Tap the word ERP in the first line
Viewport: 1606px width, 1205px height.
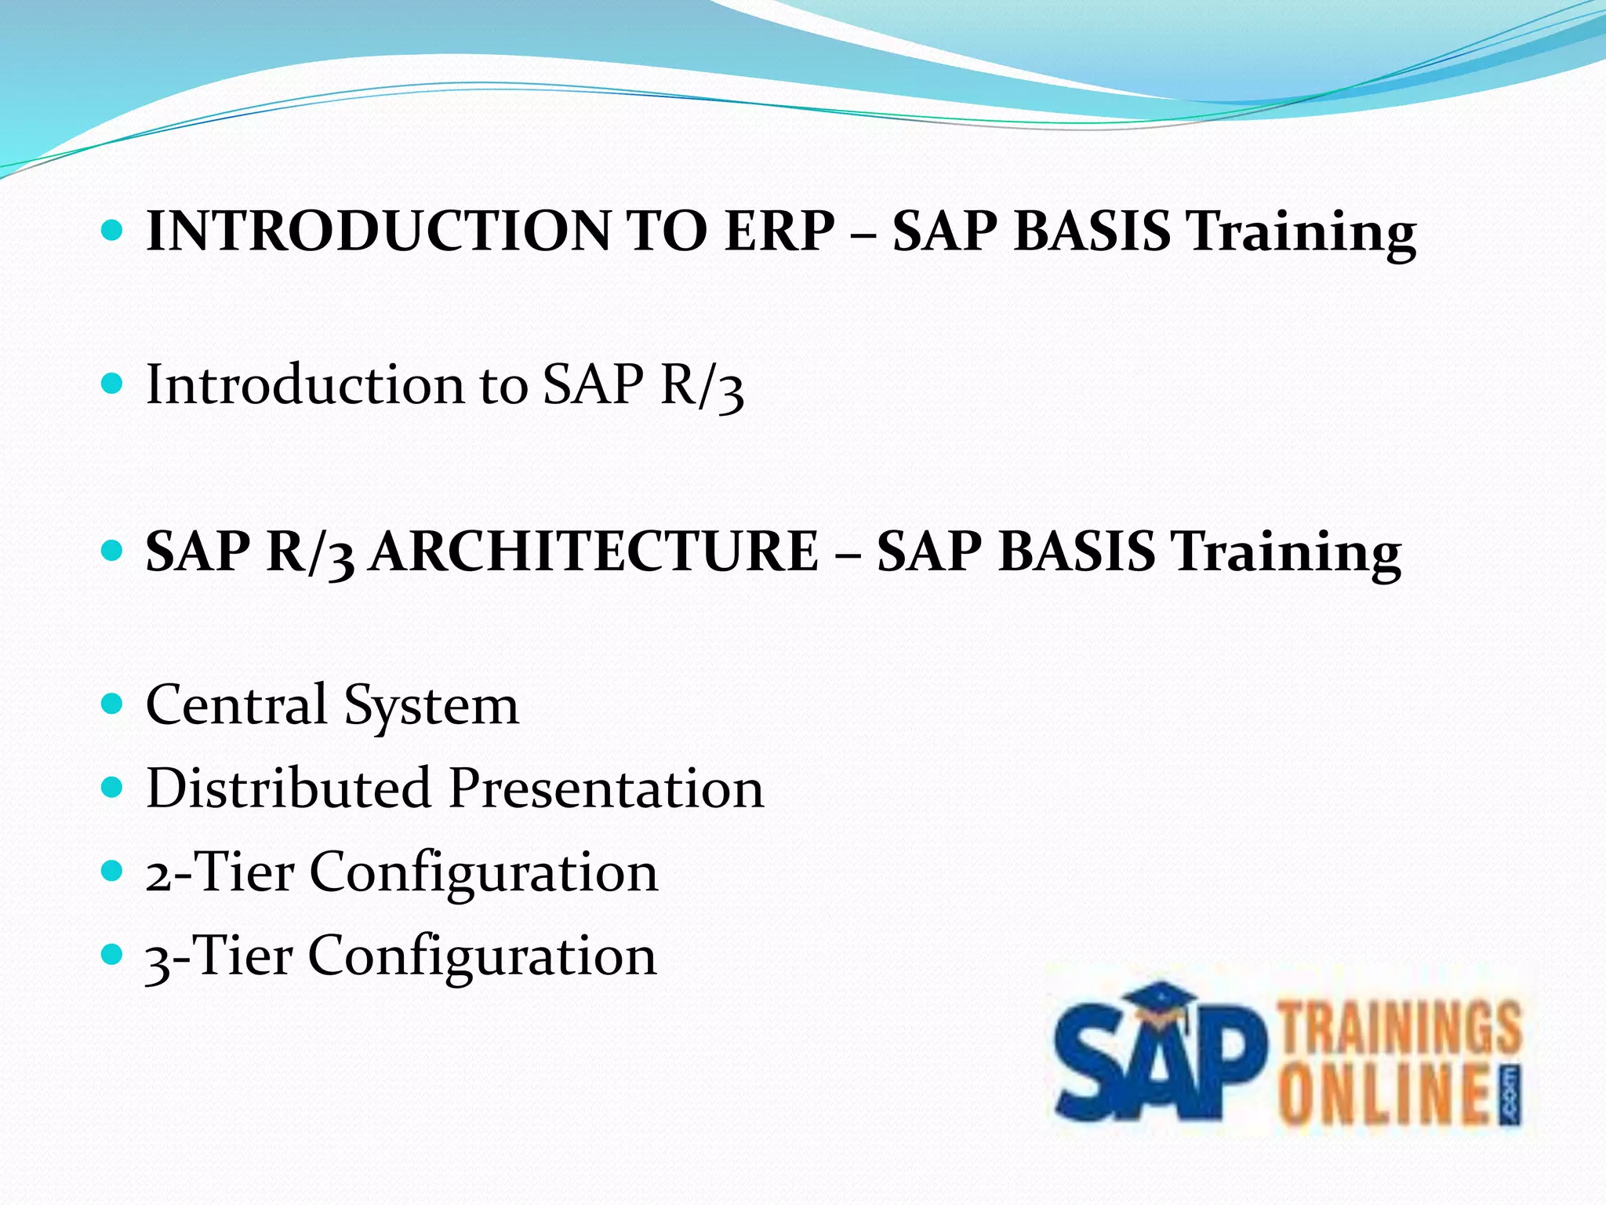(779, 232)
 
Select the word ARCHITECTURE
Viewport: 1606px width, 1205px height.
(594, 552)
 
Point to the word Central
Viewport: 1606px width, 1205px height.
(236, 704)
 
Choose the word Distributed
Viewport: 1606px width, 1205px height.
(289, 788)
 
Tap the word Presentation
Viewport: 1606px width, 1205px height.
(606, 788)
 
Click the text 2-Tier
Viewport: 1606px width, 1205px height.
(220, 872)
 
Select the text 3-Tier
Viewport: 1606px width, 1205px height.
(220, 956)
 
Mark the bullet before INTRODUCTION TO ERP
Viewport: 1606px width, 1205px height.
(113, 229)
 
